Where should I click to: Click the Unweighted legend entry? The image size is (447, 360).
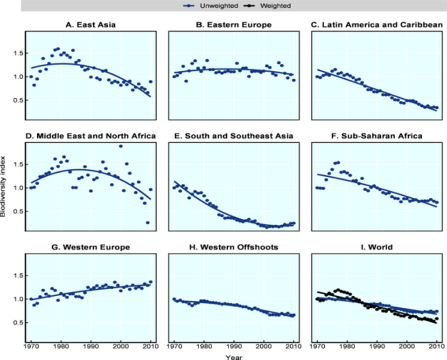tap(210, 6)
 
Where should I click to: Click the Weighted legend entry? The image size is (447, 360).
tap(267, 6)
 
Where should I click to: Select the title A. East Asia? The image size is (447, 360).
tap(91, 25)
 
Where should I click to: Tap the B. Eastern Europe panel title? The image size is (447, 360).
tap(234, 25)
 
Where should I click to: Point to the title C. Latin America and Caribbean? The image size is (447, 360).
tap(377, 25)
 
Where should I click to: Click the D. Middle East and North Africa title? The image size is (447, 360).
tap(91, 136)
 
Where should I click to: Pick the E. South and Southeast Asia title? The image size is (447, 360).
tap(234, 136)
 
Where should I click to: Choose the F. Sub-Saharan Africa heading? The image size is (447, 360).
tap(377, 136)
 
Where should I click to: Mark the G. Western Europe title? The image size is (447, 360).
tap(91, 247)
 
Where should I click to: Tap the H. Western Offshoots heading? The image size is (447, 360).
tap(234, 247)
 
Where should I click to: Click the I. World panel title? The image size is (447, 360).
tap(377, 247)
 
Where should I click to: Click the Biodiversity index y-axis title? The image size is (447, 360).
tap(3, 187)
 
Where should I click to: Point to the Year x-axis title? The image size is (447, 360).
tap(234, 357)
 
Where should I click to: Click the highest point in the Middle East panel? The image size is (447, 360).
tap(121, 146)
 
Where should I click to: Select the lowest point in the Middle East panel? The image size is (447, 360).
tap(147, 223)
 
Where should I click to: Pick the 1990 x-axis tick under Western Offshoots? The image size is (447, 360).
tap(234, 346)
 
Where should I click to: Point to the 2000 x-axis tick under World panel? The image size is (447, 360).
tap(407, 346)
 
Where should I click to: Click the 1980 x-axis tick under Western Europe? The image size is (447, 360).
tap(61, 346)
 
